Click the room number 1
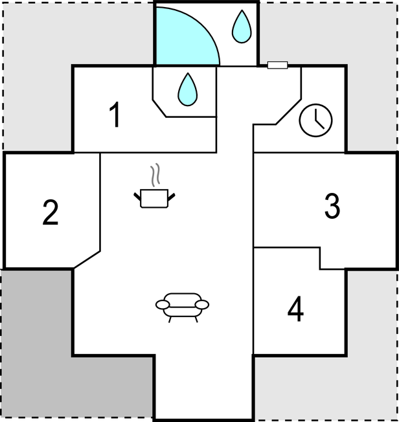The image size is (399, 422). click(x=115, y=115)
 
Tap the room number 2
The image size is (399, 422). click(x=51, y=212)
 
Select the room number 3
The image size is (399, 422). click(x=332, y=206)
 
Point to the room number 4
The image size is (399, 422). click(x=295, y=309)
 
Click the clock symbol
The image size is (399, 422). click(x=315, y=120)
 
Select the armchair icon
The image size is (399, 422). click(x=182, y=307)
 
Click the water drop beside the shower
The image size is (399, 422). click(x=242, y=27)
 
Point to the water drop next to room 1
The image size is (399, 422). click(x=187, y=89)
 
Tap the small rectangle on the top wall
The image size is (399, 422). click(x=277, y=65)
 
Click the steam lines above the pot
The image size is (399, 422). click(x=155, y=175)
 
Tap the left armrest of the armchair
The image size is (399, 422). click(x=163, y=305)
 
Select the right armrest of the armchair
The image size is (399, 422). click(x=202, y=305)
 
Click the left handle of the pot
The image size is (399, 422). click(x=137, y=197)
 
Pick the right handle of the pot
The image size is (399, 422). click(x=172, y=197)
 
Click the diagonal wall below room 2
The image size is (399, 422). click(x=87, y=260)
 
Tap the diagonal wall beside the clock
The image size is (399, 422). click(x=288, y=112)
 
